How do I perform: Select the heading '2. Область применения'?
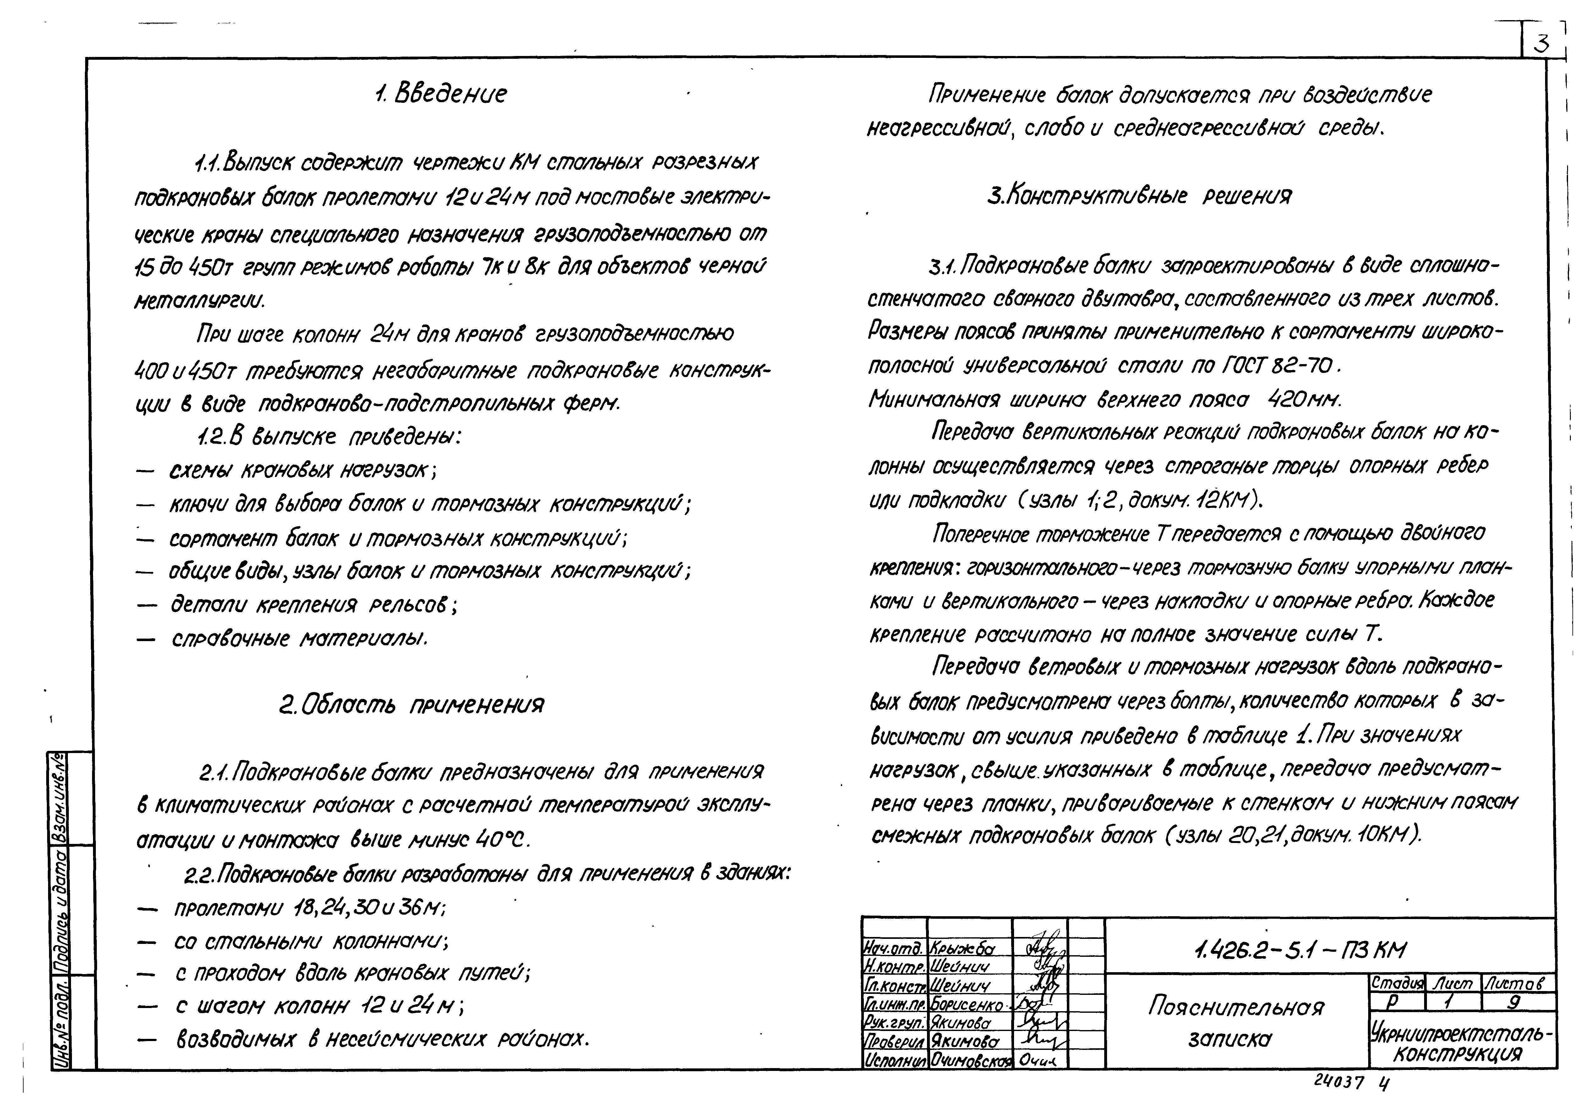pyautogui.click(x=412, y=705)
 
